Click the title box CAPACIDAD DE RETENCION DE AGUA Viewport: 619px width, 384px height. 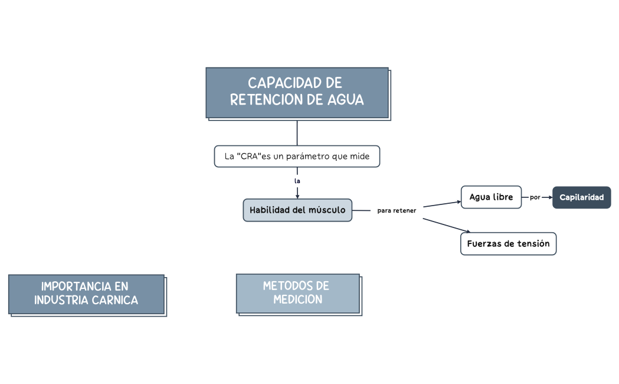pos(297,92)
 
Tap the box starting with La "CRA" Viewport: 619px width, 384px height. pos(297,157)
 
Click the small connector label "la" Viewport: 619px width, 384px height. pos(297,180)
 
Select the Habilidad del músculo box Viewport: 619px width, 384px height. pos(297,210)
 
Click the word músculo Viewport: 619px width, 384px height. pos(326,210)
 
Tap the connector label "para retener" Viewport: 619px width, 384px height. pos(397,211)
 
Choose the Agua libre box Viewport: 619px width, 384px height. pos(491,197)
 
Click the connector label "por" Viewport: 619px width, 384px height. pos(535,197)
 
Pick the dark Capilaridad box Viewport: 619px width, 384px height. pos(581,197)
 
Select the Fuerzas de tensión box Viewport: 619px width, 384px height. pos(508,243)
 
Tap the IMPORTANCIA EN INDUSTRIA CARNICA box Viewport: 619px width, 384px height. pos(86,294)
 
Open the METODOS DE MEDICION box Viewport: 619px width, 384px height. pos(297,293)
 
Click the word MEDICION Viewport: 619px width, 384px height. pos(297,300)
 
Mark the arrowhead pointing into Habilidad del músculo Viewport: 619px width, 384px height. pos(297,196)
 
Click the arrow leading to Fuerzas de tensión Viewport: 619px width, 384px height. pos(447,225)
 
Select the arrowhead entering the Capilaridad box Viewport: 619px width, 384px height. pos(549,197)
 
